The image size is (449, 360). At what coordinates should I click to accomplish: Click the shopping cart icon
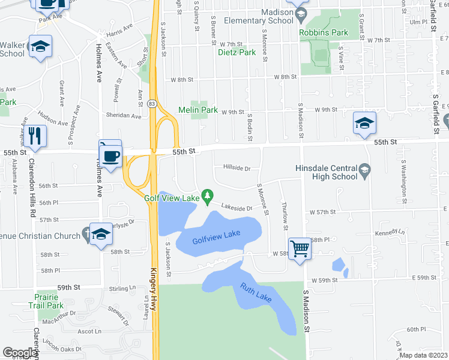click(300, 247)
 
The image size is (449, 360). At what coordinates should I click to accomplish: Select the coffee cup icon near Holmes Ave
click(112, 156)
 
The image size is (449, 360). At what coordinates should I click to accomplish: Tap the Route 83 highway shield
click(154, 104)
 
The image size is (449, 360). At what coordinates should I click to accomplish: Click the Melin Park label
click(198, 110)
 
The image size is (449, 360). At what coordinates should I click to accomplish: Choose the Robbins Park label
click(324, 32)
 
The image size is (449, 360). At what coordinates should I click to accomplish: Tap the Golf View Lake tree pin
click(208, 196)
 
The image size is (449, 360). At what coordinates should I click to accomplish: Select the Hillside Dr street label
click(237, 169)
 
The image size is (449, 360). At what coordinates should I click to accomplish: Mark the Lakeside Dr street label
click(237, 208)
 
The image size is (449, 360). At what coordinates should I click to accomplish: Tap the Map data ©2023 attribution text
click(423, 355)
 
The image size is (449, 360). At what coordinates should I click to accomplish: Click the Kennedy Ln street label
click(387, 233)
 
